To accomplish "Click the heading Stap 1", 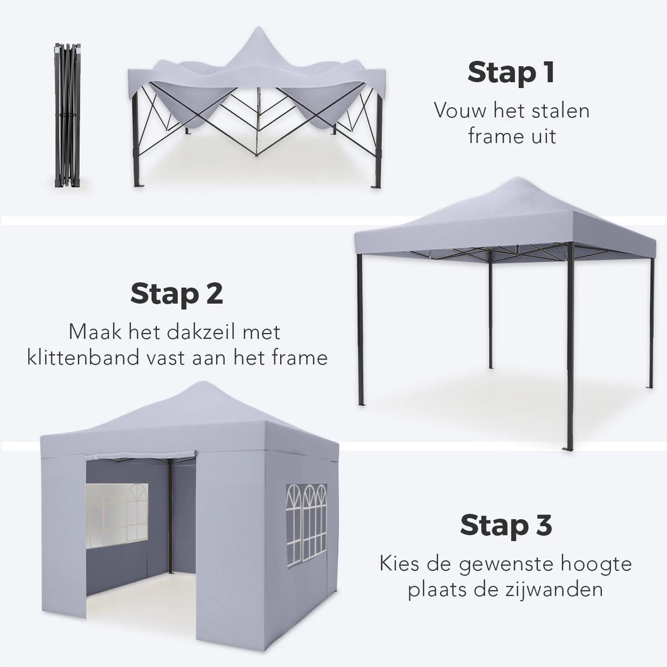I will coord(511,72).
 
